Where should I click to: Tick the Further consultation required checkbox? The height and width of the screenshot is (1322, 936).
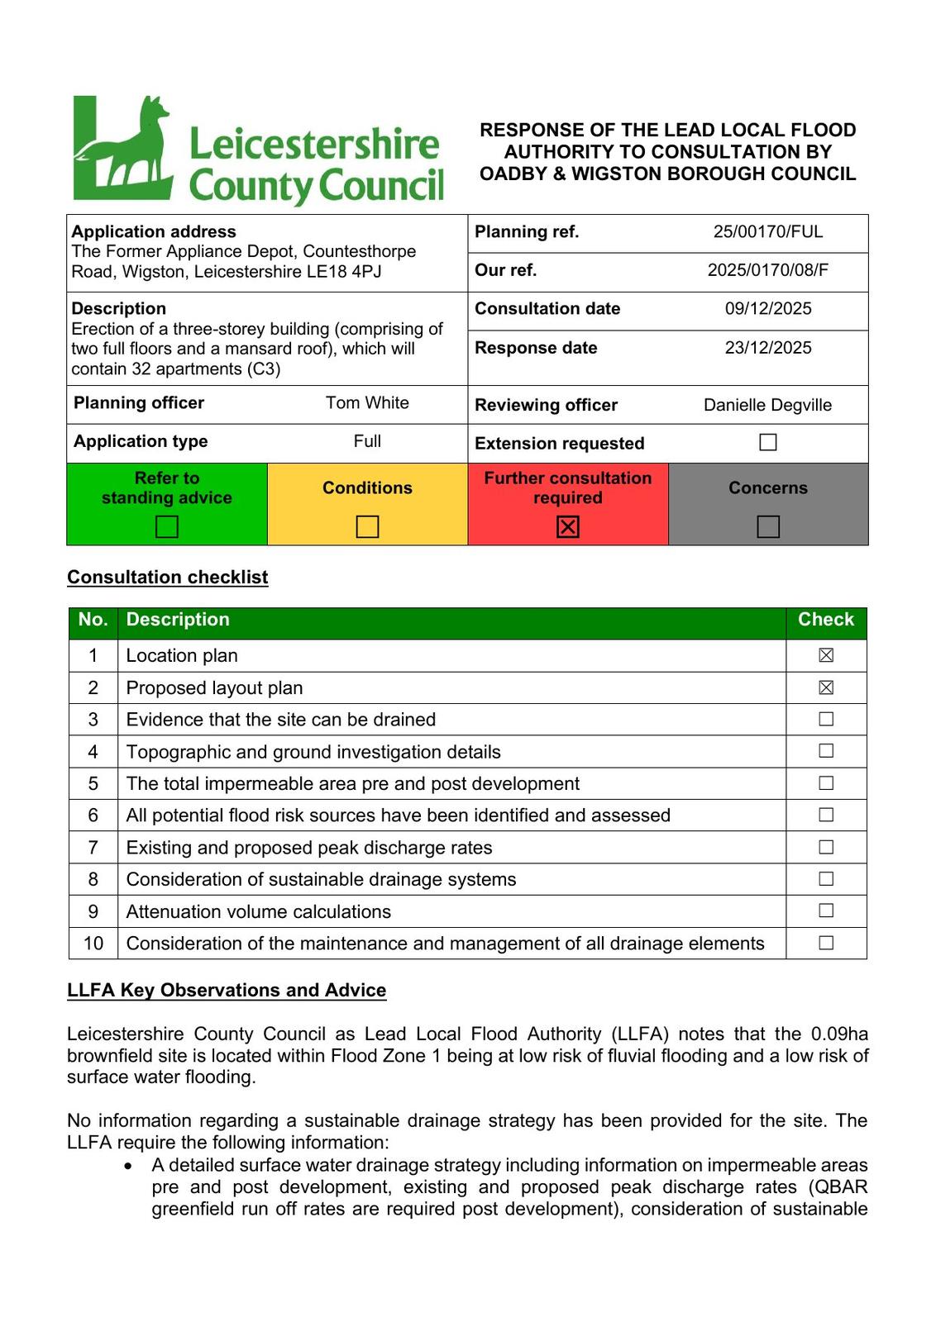pyautogui.click(x=568, y=526)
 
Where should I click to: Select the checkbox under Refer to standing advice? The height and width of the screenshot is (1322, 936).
pyautogui.click(x=167, y=526)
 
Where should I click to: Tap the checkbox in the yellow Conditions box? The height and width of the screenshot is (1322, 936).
pyautogui.click(x=367, y=526)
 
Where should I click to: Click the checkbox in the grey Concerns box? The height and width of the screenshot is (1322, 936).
pyautogui.click(x=768, y=526)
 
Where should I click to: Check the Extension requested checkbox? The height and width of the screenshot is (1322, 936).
pyautogui.click(x=768, y=443)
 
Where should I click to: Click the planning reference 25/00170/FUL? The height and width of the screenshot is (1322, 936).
pyautogui.click(x=768, y=232)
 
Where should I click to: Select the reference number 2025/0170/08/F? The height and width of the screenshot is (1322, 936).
pyautogui.click(x=768, y=270)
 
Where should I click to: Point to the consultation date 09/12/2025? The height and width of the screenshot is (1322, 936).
pyautogui.click(x=768, y=309)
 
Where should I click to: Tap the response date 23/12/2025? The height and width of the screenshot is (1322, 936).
pyautogui.click(x=768, y=348)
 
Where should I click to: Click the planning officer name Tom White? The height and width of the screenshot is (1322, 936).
pyautogui.click(x=367, y=403)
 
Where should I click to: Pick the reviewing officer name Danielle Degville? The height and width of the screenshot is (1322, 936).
pyautogui.click(x=768, y=406)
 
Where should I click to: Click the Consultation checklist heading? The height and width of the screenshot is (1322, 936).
pyautogui.click(x=167, y=578)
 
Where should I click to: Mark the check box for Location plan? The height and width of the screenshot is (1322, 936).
pyautogui.click(x=826, y=656)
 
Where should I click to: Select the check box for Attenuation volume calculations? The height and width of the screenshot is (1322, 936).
pyautogui.click(x=826, y=911)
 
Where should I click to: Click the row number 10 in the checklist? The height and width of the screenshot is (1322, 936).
pyautogui.click(x=93, y=944)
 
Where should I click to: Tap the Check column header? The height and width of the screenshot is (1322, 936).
pyautogui.click(x=825, y=621)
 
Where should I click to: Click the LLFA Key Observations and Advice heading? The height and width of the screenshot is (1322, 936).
pyautogui.click(x=227, y=991)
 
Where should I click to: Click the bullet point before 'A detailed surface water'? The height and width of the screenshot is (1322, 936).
pyautogui.click(x=128, y=1166)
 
